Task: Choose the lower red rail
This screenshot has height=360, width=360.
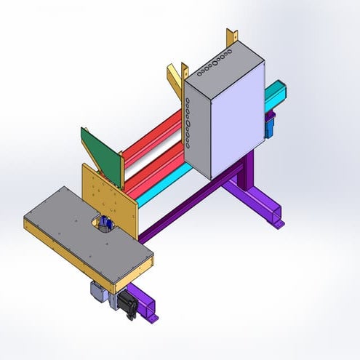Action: pos(156,166)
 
